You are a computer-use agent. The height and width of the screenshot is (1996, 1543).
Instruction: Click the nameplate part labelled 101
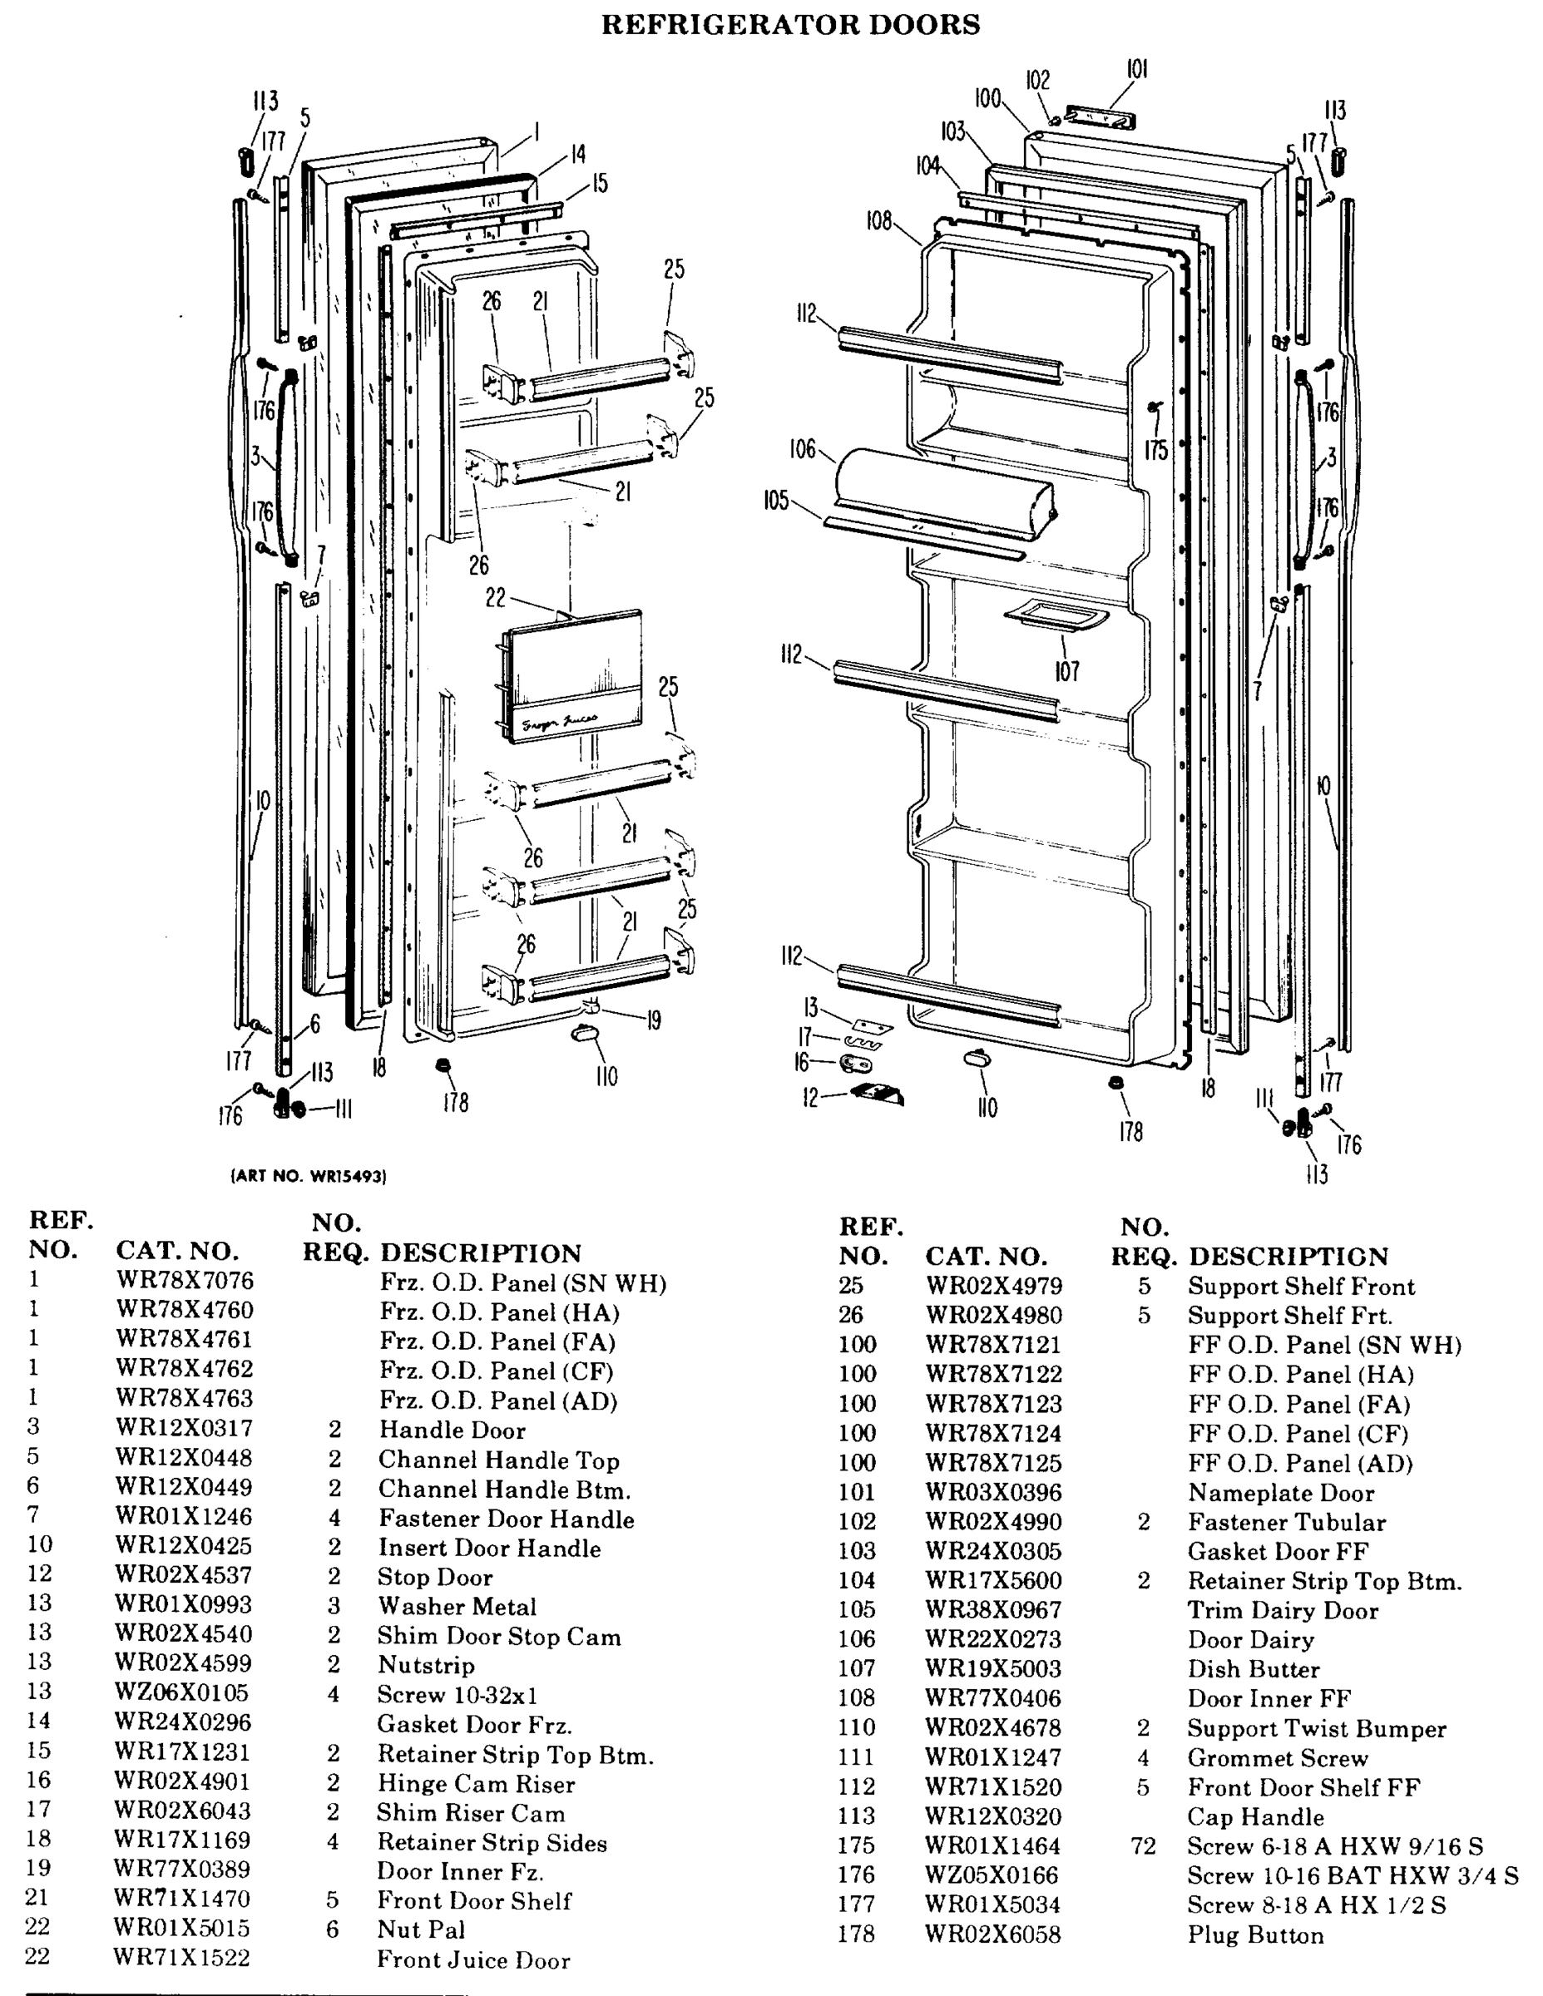(x=1100, y=118)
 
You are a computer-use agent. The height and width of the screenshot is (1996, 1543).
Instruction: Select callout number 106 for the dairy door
(x=802, y=449)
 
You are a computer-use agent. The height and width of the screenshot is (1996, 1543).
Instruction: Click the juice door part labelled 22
(x=573, y=674)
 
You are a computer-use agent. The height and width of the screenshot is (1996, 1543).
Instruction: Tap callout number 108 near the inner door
(x=878, y=221)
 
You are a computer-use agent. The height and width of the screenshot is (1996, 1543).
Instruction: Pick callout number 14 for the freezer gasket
(x=578, y=155)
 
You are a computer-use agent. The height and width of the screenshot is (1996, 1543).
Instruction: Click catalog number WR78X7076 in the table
(x=184, y=1281)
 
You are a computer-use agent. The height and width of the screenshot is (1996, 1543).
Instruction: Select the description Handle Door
(x=452, y=1430)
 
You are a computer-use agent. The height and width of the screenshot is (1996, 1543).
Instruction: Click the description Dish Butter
(x=1253, y=1669)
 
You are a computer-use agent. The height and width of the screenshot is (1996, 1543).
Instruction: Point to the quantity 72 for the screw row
(x=1143, y=1846)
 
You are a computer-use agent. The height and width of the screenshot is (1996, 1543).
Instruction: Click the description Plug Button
(x=1255, y=1934)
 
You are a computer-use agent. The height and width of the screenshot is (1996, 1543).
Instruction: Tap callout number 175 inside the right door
(x=1155, y=450)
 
